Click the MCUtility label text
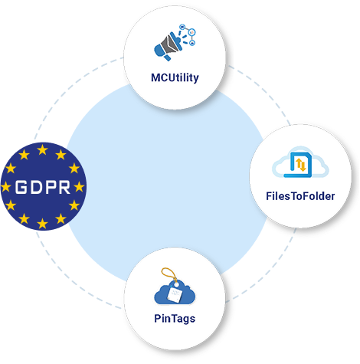(x=175, y=77)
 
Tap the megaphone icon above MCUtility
(x=169, y=46)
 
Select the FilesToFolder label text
(x=300, y=196)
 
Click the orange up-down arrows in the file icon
(x=301, y=165)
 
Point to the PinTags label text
(x=175, y=319)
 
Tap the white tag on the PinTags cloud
(x=175, y=294)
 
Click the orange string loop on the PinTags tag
(x=169, y=274)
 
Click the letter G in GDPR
(x=21, y=187)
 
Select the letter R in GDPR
(x=64, y=187)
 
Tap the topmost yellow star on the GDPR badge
(x=42, y=149)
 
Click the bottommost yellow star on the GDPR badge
(x=42, y=224)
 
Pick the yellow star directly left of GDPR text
(x=5, y=187)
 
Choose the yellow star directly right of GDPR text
(x=80, y=187)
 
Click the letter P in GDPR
(x=50, y=187)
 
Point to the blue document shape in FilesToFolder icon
(x=298, y=165)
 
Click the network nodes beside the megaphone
(x=188, y=34)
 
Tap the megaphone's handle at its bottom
(x=167, y=57)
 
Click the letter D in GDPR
(x=35, y=187)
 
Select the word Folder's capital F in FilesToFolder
(x=306, y=196)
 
